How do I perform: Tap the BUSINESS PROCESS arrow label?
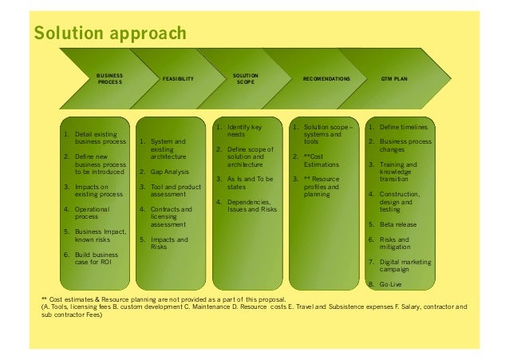click(x=110, y=78)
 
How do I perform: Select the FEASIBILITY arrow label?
click(x=177, y=79)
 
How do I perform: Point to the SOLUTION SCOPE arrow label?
click(x=245, y=78)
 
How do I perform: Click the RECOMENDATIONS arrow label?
click(x=326, y=79)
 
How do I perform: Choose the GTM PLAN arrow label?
click(x=395, y=79)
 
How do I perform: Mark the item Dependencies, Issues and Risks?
click(x=252, y=206)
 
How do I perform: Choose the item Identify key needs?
click(x=244, y=132)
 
